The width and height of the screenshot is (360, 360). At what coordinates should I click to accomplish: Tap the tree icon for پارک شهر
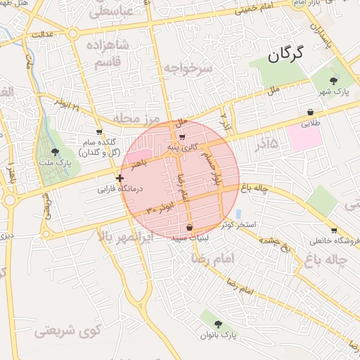(333, 81)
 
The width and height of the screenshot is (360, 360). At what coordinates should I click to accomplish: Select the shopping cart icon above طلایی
(310, 112)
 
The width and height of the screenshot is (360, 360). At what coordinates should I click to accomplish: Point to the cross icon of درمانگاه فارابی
(120, 178)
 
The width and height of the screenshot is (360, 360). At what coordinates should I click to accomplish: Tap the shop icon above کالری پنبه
(183, 136)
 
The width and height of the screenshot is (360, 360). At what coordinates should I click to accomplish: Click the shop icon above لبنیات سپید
(190, 227)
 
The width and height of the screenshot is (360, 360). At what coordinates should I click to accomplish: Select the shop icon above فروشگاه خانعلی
(333, 230)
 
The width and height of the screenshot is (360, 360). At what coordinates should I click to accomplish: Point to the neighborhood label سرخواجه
(188, 67)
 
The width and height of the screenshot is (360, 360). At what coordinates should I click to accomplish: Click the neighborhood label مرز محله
(139, 118)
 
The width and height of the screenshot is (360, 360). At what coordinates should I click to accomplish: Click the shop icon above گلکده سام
(98, 131)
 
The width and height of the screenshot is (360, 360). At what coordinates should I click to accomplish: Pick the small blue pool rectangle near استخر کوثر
(238, 214)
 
